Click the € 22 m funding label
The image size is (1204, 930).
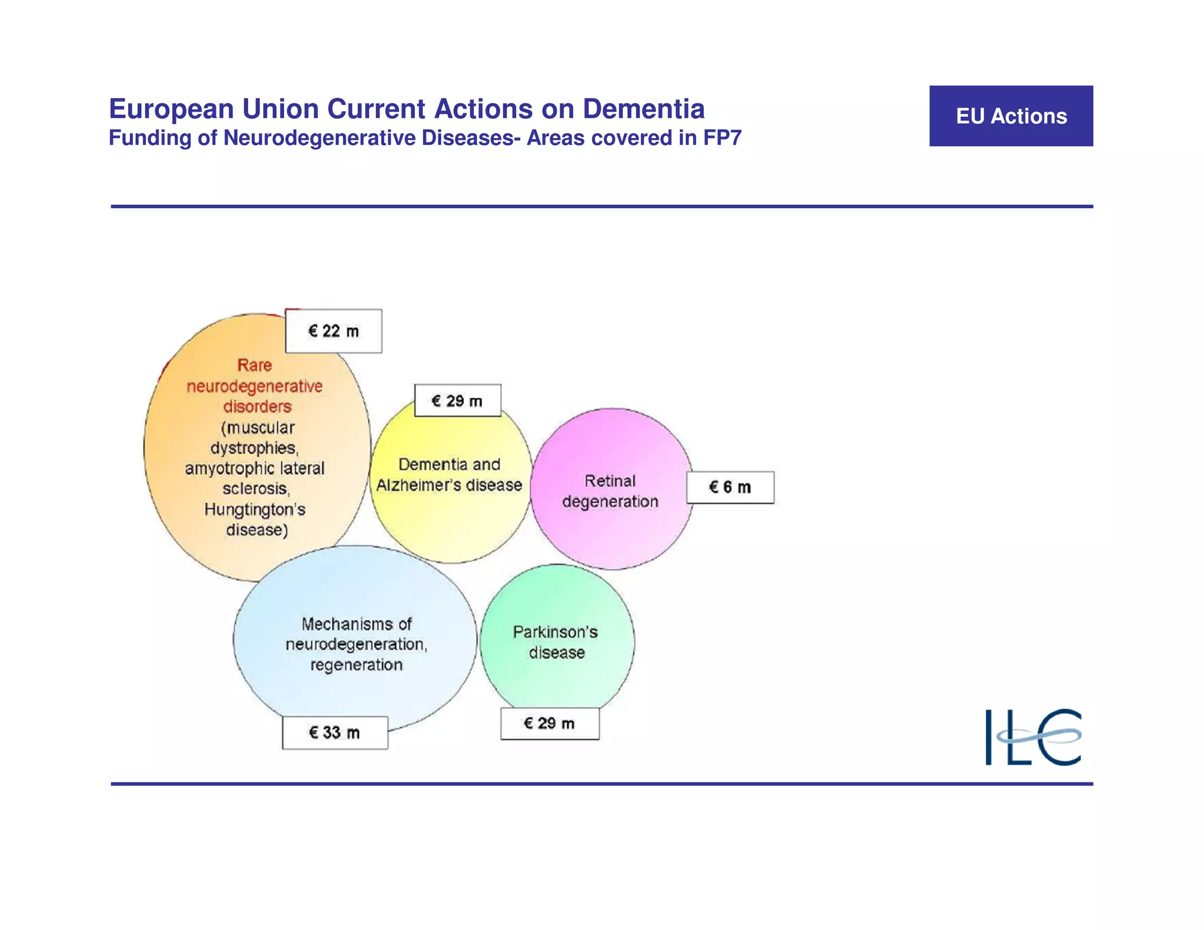(333, 331)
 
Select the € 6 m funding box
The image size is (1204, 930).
(730, 487)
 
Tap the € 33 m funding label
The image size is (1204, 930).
(335, 732)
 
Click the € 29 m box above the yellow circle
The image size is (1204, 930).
(457, 401)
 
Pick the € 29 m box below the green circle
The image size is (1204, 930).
(550, 724)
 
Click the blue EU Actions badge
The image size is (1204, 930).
(1011, 116)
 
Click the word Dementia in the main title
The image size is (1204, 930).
(644, 109)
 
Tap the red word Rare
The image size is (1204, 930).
(255, 365)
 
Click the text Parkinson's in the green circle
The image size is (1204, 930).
(556, 632)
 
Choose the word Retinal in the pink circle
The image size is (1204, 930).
(610, 481)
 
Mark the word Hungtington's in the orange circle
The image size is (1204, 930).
(255, 509)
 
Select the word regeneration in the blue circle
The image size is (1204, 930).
(356, 665)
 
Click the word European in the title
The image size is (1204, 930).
(172, 109)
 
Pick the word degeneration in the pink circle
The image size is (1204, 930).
(610, 501)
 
